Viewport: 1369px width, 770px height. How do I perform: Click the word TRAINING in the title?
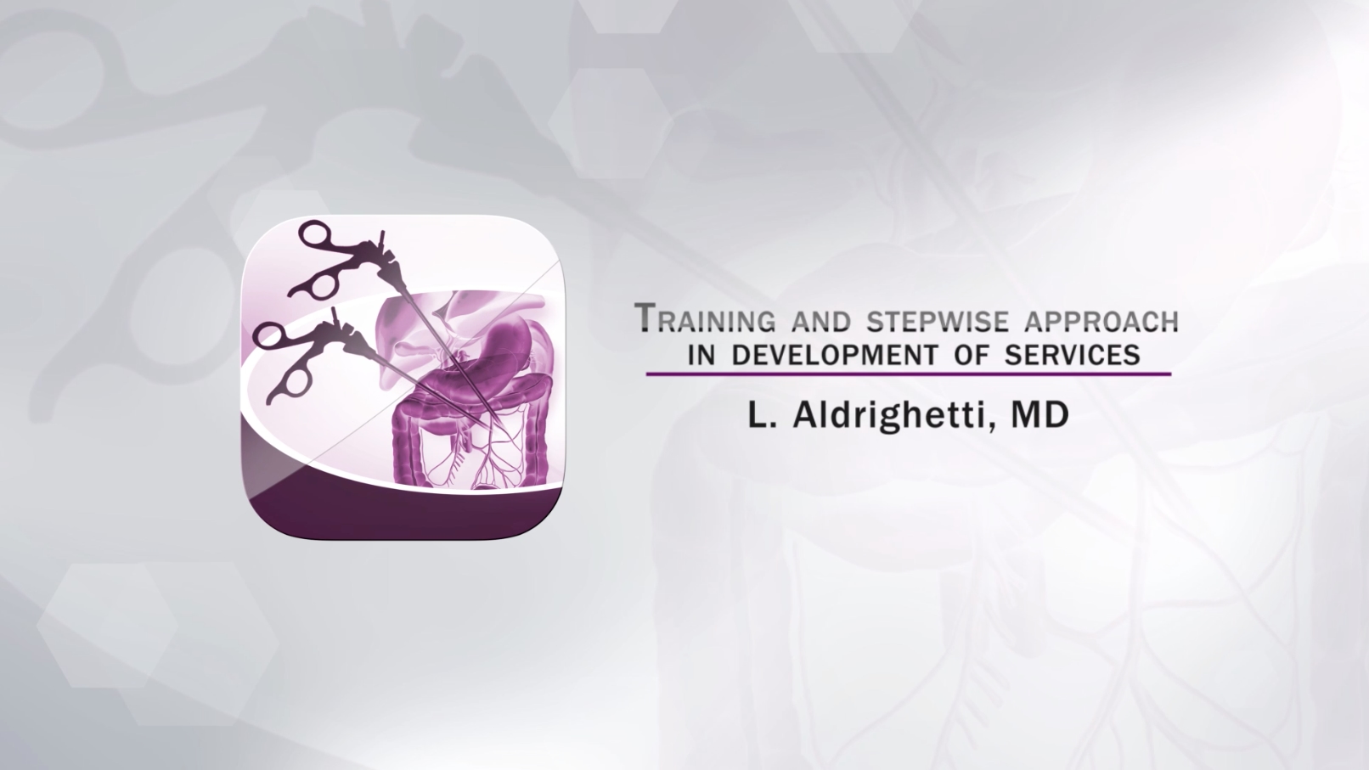click(706, 318)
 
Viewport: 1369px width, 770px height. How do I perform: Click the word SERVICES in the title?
click(1073, 355)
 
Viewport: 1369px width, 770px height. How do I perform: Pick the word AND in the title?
click(820, 321)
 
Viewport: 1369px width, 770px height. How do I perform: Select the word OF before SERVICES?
click(971, 355)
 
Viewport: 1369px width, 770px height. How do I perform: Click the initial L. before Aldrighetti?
click(762, 415)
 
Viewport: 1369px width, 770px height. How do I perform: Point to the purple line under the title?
click(909, 374)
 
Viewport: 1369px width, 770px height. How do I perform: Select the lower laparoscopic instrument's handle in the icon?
click(300, 362)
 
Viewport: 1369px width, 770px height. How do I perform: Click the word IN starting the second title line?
click(701, 355)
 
